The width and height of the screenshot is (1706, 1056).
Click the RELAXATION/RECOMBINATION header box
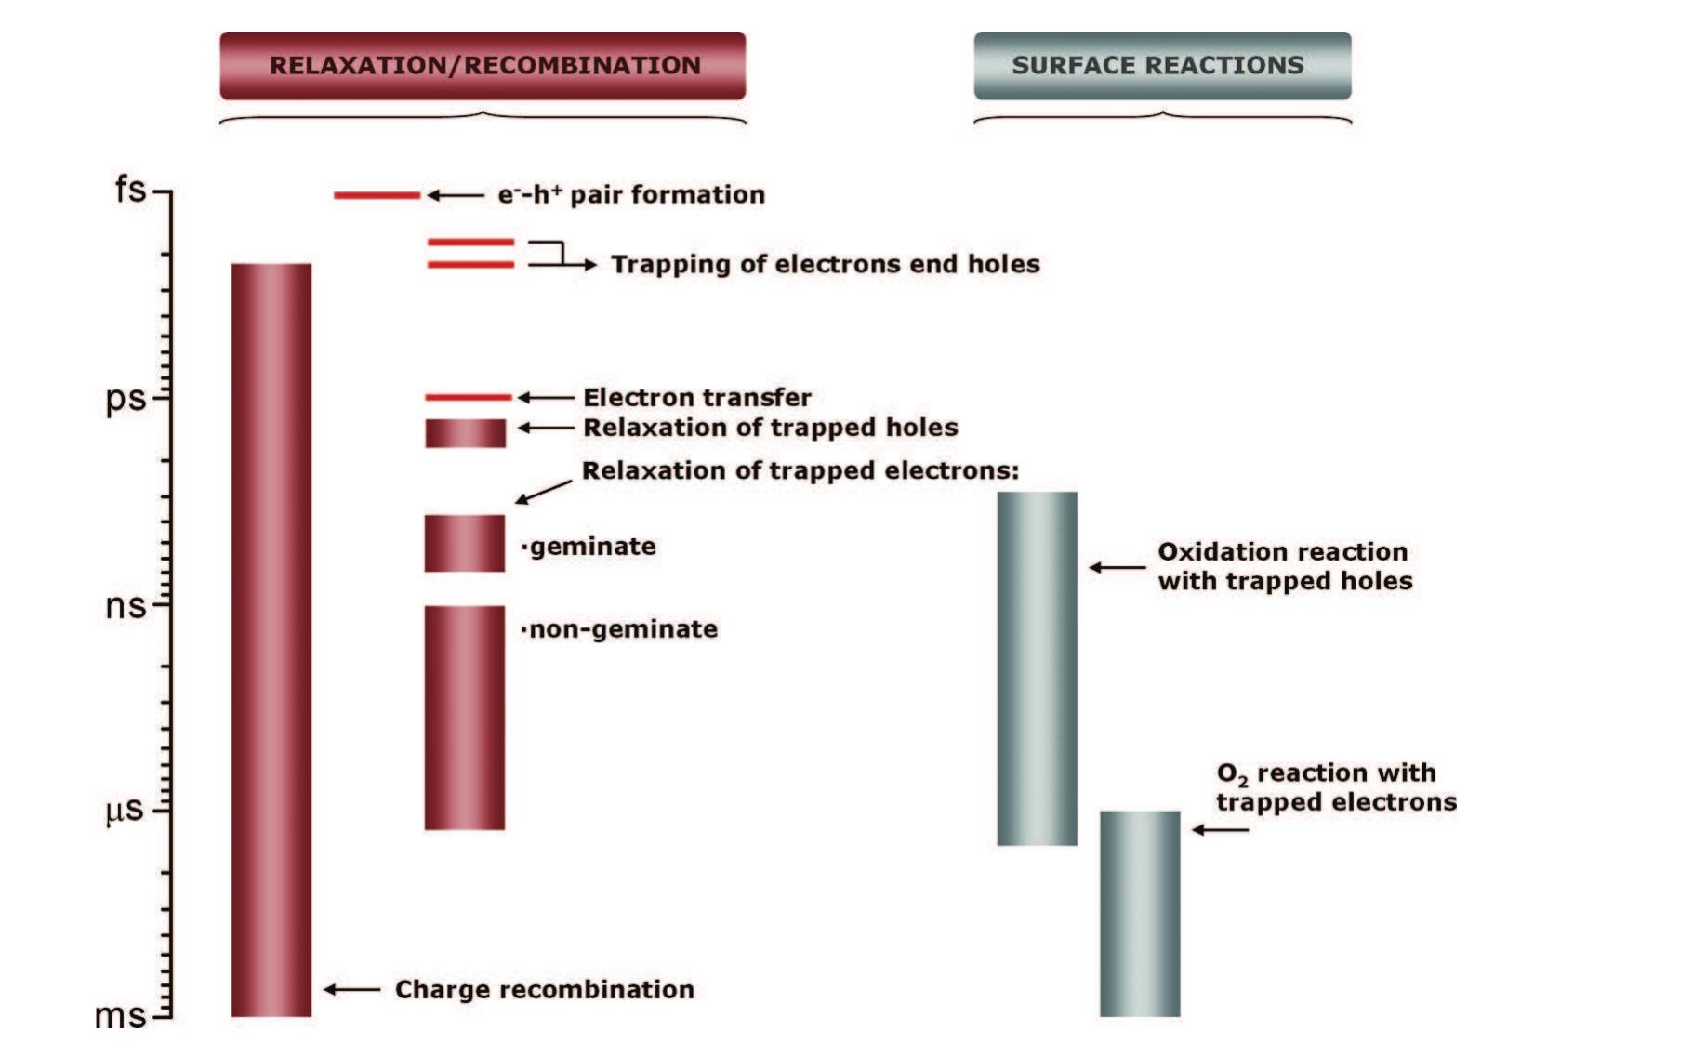pyautogui.click(x=483, y=66)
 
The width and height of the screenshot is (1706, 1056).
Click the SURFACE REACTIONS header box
pyautogui.click(x=1161, y=66)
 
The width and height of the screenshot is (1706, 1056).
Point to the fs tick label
pyautogui.click(x=130, y=190)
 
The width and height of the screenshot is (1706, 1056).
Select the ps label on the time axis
pyautogui.click(x=126, y=399)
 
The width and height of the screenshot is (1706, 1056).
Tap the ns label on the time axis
pyautogui.click(x=126, y=606)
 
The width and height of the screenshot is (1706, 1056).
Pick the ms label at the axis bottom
pyautogui.click(x=121, y=1016)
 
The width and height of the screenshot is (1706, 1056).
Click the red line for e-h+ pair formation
pyautogui.click(x=377, y=195)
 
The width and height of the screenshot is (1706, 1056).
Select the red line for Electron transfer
pyautogui.click(x=468, y=397)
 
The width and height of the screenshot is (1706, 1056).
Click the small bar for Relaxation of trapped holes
pyautogui.click(x=465, y=433)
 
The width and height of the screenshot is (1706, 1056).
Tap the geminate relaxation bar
pyautogui.click(x=464, y=544)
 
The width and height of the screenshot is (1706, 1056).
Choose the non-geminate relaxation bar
pyautogui.click(x=464, y=718)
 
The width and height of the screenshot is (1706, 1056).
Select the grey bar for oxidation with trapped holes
pyautogui.click(x=1037, y=668)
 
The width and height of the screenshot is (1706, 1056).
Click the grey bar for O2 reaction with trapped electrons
pyautogui.click(x=1140, y=914)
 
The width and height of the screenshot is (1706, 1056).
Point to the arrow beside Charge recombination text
pyautogui.click(x=351, y=990)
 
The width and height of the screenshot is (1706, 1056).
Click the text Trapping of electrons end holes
pyautogui.click(x=825, y=265)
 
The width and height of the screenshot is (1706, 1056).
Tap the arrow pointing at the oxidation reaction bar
pyautogui.click(x=1117, y=567)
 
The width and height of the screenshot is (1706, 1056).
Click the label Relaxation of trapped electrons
pyautogui.click(x=800, y=471)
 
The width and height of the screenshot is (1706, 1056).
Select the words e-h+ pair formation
pyautogui.click(x=631, y=195)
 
